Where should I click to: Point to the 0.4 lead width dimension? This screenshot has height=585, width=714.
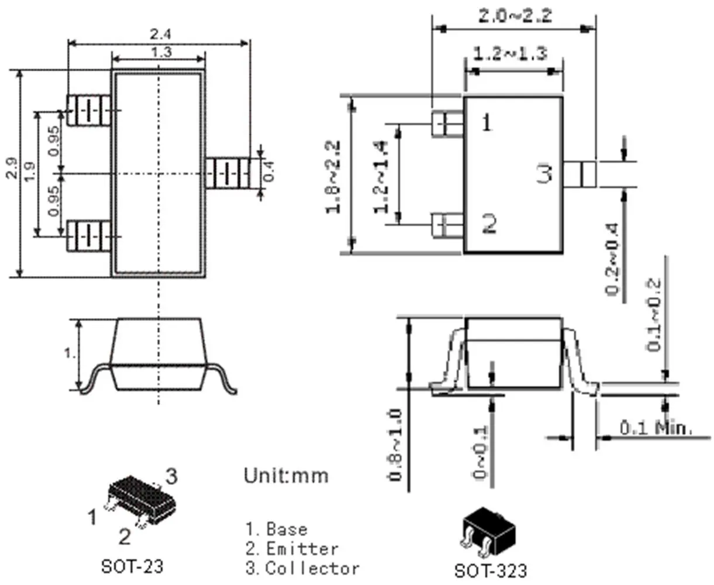coord(268,171)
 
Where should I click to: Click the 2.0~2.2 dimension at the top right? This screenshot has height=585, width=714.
coord(515,16)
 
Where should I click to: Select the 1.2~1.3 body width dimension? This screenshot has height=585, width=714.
coord(509,54)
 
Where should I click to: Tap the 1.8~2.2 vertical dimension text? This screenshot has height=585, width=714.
coord(334,176)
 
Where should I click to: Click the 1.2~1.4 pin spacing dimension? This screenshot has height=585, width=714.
coord(381,176)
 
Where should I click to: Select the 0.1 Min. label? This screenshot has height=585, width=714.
coord(656,428)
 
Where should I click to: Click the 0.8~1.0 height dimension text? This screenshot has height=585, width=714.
coord(395,445)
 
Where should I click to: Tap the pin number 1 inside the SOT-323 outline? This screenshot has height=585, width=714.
coord(487,123)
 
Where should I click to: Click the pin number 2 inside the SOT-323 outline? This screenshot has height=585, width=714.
coord(489,223)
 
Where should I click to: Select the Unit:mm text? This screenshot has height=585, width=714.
coord(286,475)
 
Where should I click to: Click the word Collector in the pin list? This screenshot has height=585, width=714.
coord(312,568)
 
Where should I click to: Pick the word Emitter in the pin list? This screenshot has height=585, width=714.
coord(302,549)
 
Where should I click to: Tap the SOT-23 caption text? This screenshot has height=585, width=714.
coord(133,566)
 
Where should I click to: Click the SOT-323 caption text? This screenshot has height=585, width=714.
coord(491,570)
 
